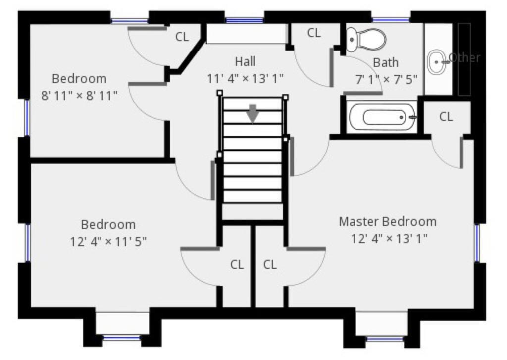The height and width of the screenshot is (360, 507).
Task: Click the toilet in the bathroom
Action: (366, 40)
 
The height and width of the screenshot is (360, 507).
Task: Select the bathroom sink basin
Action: (437, 62)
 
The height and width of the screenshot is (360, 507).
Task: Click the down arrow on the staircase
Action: (253, 114)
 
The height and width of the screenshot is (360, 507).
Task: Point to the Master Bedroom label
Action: (388, 222)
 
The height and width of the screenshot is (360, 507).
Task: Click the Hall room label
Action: (245, 61)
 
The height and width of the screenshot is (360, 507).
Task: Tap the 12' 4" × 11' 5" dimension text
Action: (108, 241)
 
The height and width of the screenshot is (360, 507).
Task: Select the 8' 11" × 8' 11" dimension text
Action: (79, 96)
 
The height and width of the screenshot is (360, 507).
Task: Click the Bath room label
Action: (386, 62)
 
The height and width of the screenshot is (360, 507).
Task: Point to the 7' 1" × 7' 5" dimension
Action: (386, 79)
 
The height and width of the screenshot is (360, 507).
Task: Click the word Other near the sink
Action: (465, 58)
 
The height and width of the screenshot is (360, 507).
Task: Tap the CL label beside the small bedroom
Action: (182, 37)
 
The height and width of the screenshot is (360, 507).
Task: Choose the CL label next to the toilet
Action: (314, 33)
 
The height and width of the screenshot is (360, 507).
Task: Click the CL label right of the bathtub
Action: (446, 117)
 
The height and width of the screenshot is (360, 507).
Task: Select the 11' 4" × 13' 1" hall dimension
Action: (245, 78)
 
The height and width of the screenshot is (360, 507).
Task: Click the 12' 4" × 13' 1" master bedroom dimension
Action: (389, 239)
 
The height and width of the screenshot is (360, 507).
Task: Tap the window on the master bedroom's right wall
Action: (477, 243)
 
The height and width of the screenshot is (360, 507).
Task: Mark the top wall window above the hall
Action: (245, 20)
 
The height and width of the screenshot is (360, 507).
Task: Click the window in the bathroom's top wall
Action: (391, 20)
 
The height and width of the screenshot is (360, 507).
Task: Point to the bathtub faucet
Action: (412, 117)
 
